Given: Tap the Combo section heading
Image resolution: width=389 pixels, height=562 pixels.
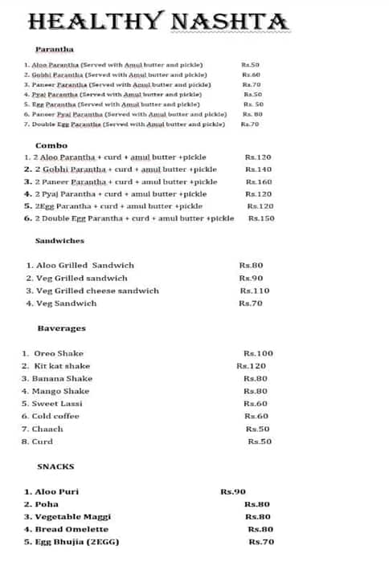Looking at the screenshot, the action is click(x=51, y=145).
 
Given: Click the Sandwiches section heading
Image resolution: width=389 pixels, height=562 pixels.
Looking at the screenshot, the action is click(x=59, y=241).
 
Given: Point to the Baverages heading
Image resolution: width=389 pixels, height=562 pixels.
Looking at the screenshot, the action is click(x=61, y=328).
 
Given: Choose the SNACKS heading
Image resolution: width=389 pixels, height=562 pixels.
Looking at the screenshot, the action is click(x=55, y=466).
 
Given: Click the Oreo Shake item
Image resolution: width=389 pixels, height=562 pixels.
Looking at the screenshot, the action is click(x=58, y=353).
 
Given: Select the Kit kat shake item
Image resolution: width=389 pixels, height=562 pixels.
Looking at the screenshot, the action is click(x=61, y=366).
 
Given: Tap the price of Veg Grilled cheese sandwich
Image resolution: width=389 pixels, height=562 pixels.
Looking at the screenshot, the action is click(x=255, y=291).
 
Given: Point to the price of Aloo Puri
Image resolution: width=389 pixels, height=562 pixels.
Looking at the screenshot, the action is click(x=232, y=491).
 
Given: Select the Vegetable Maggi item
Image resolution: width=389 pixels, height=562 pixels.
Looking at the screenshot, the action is click(x=72, y=517).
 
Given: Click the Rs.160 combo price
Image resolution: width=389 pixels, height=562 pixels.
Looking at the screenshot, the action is click(x=258, y=182).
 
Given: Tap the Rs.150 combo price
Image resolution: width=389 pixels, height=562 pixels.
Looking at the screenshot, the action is click(x=261, y=218).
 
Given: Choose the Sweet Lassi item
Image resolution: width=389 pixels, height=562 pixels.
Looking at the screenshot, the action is click(x=57, y=403).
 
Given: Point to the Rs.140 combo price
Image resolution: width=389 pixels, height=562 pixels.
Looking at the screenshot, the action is click(x=258, y=169).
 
